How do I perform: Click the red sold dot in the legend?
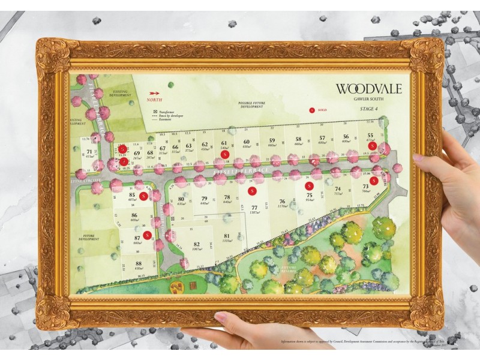point(311,110)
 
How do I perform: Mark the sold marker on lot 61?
point(224,154)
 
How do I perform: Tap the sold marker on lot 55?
point(373,146)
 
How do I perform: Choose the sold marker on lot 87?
point(147,235)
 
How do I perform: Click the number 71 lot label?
point(89,152)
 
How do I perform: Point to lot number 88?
point(138,263)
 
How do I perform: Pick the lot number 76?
point(282,202)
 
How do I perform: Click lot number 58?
point(298,139)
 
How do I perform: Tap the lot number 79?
point(204,199)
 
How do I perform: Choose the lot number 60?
point(246,142)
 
